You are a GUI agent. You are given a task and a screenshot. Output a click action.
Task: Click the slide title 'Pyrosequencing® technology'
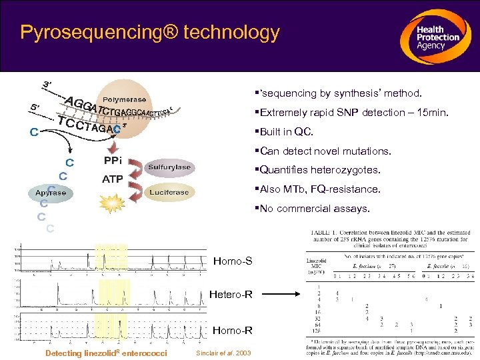tap(150, 32)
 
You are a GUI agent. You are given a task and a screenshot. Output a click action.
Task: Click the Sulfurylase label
tap(169, 167)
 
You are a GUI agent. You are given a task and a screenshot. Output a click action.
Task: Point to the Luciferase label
tap(169, 192)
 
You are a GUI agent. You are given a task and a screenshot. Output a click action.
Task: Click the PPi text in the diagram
tap(112, 161)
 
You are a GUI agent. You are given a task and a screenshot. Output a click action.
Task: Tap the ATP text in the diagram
tap(112, 179)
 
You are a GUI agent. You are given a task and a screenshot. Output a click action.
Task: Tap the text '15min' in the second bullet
tap(433, 113)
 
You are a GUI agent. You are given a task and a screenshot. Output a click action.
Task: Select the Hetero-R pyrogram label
tap(231, 294)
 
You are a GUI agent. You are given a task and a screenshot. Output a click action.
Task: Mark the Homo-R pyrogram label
tap(232, 329)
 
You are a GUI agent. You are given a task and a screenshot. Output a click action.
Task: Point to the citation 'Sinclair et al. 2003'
tap(224, 353)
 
